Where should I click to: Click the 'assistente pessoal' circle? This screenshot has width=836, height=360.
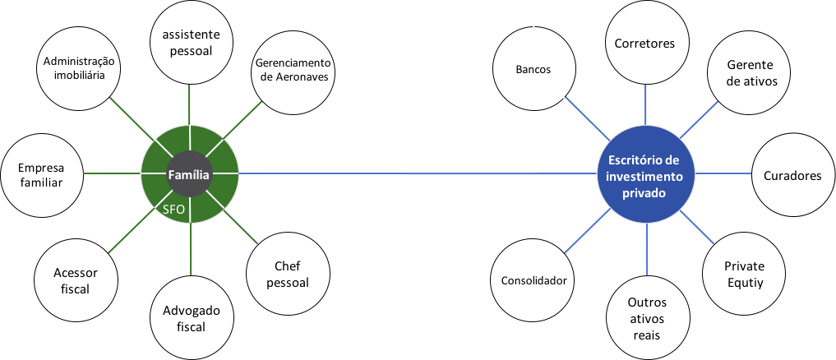[192, 43]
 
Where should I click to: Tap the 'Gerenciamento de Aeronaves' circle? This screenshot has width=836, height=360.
[293, 70]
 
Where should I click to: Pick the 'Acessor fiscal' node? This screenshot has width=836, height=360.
[74, 279]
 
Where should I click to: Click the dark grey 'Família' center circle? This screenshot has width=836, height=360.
[191, 174]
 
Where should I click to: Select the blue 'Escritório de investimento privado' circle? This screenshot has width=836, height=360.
[645, 173]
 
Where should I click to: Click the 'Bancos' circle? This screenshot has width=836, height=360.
[533, 70]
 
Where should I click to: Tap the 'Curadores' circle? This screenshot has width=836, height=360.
[792, 175]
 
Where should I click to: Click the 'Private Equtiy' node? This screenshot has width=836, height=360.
[744, 274]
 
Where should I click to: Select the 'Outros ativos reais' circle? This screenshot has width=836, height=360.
[645, 317]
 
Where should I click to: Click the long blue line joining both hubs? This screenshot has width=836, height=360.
[411, 174]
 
